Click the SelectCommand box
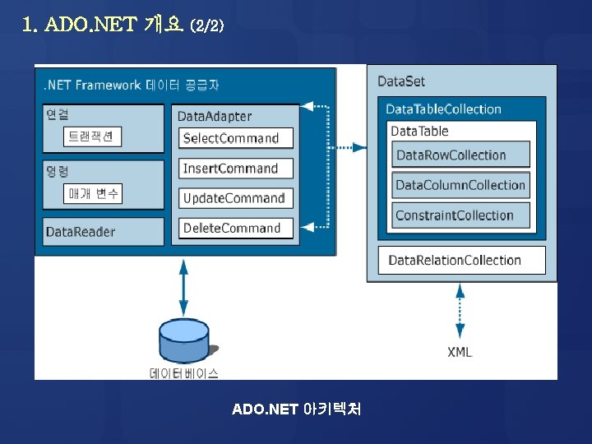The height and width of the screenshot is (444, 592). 236,138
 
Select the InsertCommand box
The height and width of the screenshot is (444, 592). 236,169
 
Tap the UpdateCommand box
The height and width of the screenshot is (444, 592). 236,198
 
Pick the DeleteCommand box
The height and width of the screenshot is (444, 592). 236,228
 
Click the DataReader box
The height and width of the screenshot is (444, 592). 104,232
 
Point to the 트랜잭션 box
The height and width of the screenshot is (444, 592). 92,136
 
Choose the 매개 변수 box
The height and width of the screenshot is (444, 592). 94,193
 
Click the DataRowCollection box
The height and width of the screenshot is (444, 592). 460,155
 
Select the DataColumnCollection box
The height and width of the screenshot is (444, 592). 460,185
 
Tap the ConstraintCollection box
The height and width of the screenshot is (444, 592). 460,215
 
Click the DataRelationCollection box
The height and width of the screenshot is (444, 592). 461,261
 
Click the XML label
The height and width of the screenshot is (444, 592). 460,352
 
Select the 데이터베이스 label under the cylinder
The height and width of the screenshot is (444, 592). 184,373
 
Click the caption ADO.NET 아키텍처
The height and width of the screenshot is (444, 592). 297,409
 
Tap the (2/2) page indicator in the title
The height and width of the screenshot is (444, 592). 206,26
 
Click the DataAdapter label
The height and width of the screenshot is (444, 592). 215,117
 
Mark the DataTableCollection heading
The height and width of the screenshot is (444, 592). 443,109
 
